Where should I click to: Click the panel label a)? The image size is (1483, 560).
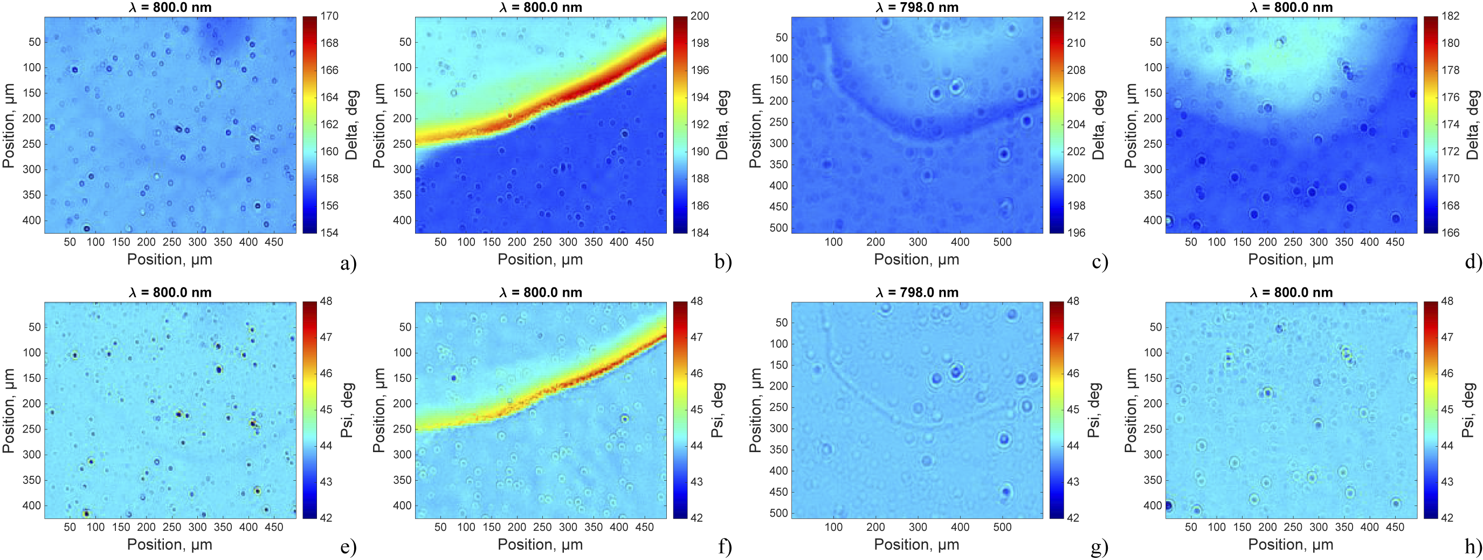(x=348, y=263)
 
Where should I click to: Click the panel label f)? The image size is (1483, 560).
(x=724, y=545)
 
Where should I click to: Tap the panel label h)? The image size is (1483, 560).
(x=1473, y=545)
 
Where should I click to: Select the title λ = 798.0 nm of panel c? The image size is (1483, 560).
(x=916, y=8)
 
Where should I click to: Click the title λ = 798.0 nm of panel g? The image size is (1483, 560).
(x=916, y=292)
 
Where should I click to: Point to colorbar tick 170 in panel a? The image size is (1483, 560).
(x=329, y=16)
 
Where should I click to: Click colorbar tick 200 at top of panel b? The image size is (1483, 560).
(x=700, y=16)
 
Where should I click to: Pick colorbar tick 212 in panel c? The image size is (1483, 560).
(x=1075, y=16)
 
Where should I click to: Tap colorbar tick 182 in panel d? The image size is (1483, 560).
(x=1450, y=16)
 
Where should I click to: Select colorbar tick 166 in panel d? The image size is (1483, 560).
(x=1450, y=233)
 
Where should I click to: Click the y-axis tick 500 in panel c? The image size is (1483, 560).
(x=778, y=228)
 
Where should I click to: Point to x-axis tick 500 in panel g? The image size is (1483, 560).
(x=1002, y=527)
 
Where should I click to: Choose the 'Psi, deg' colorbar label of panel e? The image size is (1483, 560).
(x=347, y=410)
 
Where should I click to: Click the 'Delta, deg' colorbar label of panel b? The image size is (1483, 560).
(x=722, y=125)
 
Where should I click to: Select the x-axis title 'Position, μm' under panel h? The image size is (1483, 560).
(x=1290, y=544)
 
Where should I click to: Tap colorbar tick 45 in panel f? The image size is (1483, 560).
(x=696, y=409)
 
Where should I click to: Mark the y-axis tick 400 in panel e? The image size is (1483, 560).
(x=32, y=506)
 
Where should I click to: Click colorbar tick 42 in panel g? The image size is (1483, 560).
(x=1073, y=518)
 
